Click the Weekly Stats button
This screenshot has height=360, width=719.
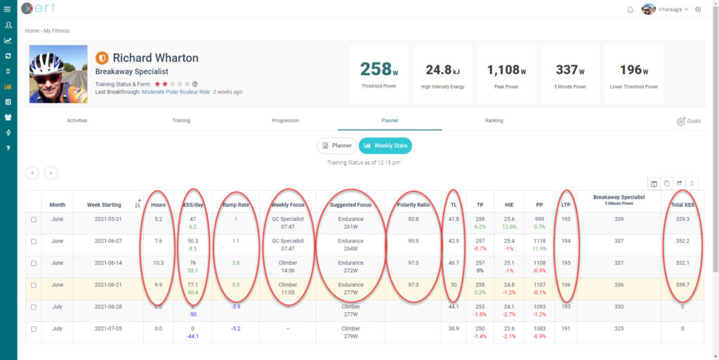[385, 145]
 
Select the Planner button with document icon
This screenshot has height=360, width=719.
[336, 145]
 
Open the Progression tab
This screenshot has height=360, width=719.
[285, 121]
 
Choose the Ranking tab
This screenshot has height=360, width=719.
[494, 121]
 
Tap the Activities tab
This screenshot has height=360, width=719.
[77, 121]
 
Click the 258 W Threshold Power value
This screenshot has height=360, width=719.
[379, 69]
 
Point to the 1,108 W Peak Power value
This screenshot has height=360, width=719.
[506, 69]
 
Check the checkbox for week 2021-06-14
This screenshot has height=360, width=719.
[34, 263]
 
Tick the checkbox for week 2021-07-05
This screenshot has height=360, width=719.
[34, 328]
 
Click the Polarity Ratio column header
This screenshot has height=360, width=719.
[414, 205]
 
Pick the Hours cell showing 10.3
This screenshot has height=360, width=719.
[158, 263]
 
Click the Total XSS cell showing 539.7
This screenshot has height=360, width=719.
[678, 285]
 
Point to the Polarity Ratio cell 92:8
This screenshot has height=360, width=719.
[414, 219]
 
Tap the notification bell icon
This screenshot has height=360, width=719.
[630, 9]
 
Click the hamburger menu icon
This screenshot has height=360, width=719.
[8, 9]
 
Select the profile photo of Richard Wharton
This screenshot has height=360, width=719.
[58, 74]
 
